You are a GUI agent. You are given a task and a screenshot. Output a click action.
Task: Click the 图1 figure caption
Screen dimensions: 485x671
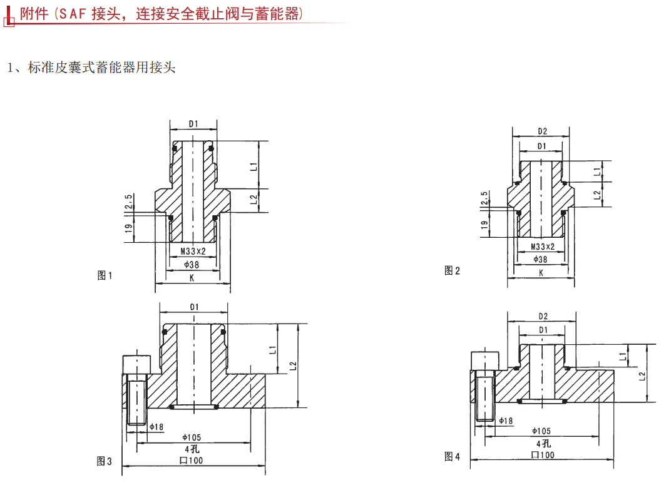pyautogui.click(x=105, y=275)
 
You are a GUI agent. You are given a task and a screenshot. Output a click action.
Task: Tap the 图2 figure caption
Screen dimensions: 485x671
pyautogui.click(x=452, y=270)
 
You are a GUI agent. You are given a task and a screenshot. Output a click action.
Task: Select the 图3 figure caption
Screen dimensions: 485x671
pyautogui.click(x=105, y=461)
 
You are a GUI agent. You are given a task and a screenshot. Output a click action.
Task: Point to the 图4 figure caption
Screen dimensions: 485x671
pyautogui.click(x=452, y=457)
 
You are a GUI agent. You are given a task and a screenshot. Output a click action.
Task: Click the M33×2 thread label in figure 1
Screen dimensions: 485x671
pyautogui.click(x=193, y=252)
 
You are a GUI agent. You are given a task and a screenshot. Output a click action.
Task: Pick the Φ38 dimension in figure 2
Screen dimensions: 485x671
pyautogui.click(x=540, y=259)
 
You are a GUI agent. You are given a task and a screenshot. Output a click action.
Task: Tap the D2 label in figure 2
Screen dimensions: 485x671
pyautogui.click(x=543, y=131)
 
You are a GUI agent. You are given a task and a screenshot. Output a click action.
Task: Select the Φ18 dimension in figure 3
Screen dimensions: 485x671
pyautogui.click(x=156, y=427)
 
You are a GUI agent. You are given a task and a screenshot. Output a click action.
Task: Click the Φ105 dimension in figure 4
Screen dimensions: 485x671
pyautogui.click(x=541, y=431)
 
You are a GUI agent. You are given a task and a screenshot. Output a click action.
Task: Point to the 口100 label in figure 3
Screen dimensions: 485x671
pyautogui.click(x=192, y=461)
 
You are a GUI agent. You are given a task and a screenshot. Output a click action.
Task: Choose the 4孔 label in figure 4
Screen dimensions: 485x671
pyautogui.click(x=541, y=443)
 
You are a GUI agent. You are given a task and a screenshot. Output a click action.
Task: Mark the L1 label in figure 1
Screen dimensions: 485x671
pyautogui.click(x=254, y=166)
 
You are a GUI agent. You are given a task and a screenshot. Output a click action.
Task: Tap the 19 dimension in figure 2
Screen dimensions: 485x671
pyautogui.click(x=484, y=225)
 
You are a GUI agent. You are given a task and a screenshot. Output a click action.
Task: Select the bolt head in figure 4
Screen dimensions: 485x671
pyautogui.click(x=484, y=360)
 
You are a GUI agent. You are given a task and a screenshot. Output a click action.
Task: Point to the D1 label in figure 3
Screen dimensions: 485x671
pyautogui.click(x=194, y=307)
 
